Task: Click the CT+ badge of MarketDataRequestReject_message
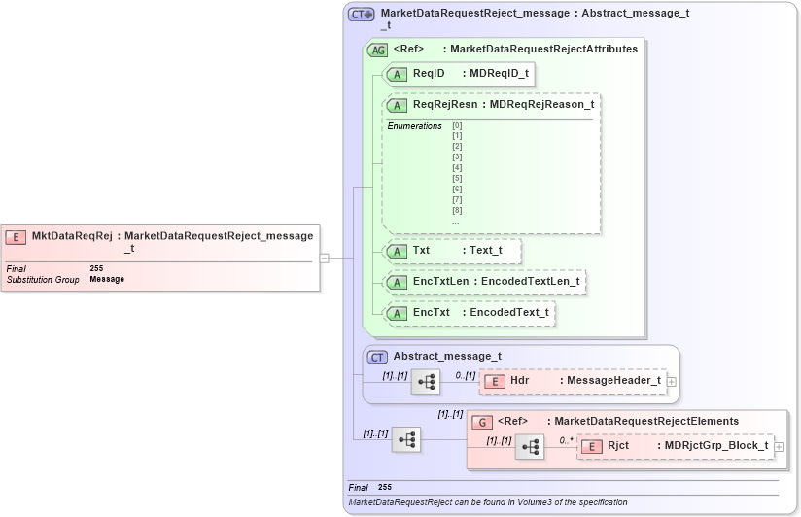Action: pyautogui.click(x=362, y=15)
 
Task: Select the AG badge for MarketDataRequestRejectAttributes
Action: pyautogui.click(x=377, y=50)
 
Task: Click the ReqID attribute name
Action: pyautogui.click(x=429, y=73)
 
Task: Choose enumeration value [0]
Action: pyautogui.click(x=457, y=125)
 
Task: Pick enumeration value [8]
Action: pyautogui.click(x=457, y=211)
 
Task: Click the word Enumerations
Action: pyautogui.click(x=414, y=126)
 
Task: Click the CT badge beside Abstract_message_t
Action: pyautogui.click(x=377, y=357)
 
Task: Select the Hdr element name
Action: pyautogui.click(x=520, y=380)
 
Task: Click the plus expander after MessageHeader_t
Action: pyautogui.click(x=671, y=381)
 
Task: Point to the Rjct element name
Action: pyautogui.click(x=618, y=446)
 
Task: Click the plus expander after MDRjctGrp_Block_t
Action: pyautogui.click(x=779, y=447)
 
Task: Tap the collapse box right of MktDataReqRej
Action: pyautogui.click(x=324, y=258)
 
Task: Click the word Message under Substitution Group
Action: pyautogui.click(x=107, y=279)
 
